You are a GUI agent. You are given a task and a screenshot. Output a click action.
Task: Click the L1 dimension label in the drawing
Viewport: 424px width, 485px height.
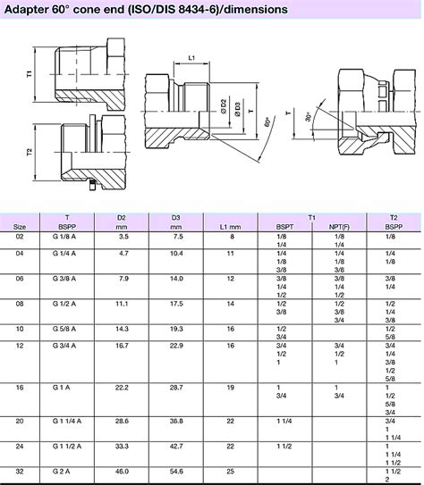click(x=191, y=58)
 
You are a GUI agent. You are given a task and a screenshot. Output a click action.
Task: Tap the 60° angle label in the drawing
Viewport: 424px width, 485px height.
click(x=267, y=121)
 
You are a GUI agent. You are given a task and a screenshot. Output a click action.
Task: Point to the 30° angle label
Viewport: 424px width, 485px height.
click(x=309, y=117)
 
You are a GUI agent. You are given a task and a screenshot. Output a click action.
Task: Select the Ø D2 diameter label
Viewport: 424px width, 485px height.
click(x=224, y=106)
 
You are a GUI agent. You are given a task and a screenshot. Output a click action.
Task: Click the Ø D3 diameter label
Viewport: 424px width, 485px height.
click(x=238, y=110)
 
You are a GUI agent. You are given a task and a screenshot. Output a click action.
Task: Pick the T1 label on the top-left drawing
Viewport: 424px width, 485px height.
click(x=30, y=74)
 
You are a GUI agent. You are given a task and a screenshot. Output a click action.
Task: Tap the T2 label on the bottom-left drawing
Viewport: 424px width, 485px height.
click(x=30, y=152)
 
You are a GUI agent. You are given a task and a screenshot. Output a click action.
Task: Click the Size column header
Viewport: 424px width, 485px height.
click(x=19, y=227)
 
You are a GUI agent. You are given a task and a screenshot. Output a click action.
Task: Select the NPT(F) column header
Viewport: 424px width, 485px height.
click(x=339, y=227)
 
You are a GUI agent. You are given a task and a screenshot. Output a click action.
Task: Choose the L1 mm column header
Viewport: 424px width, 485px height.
click(x=230, y=227)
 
